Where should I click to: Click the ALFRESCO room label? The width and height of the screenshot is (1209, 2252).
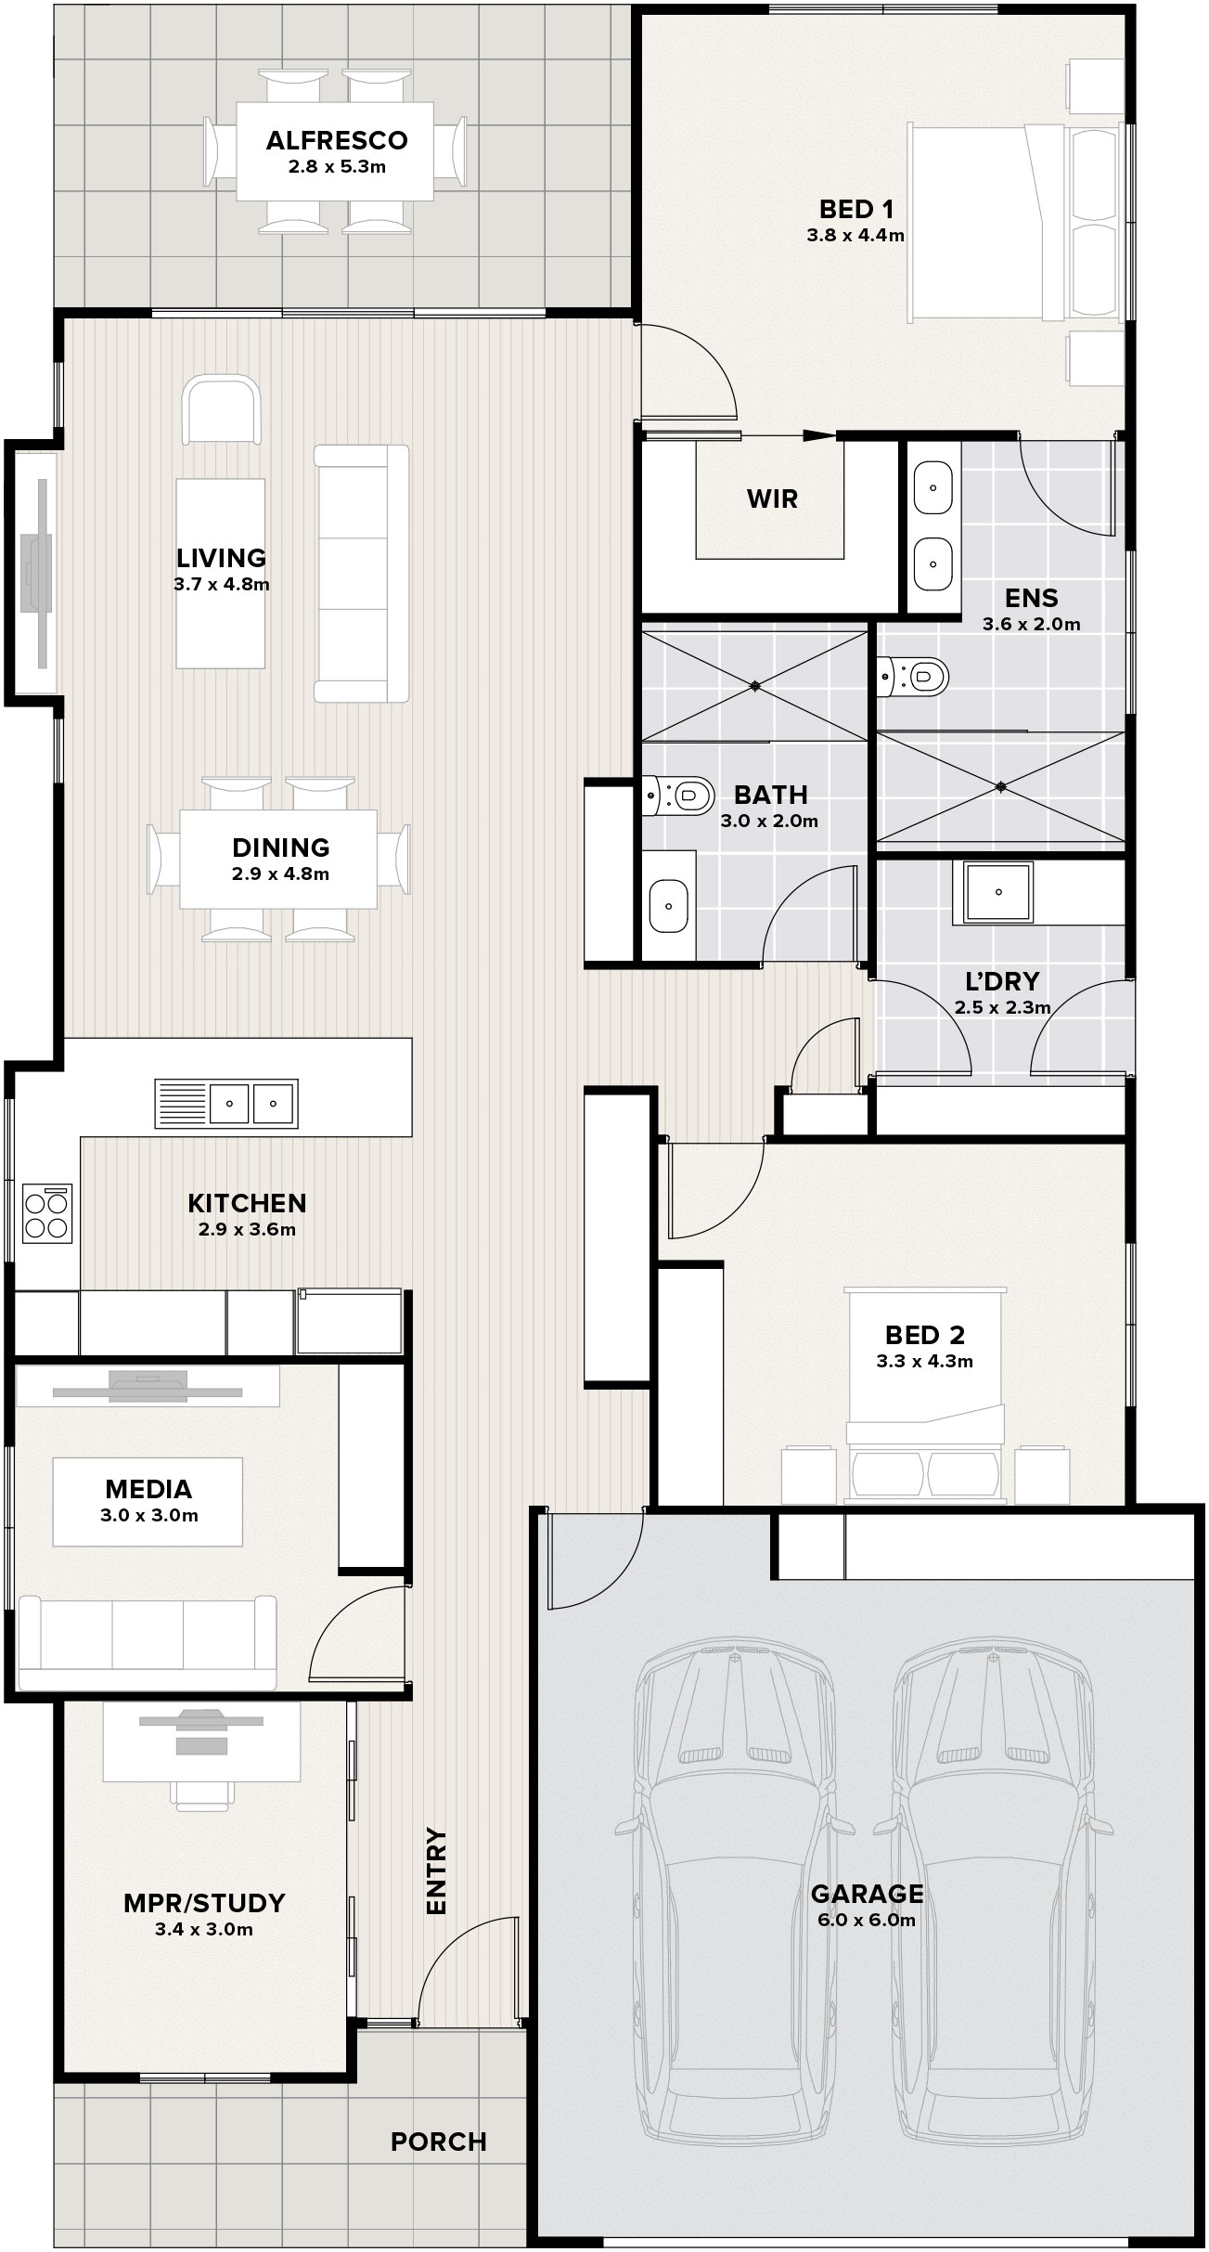337,141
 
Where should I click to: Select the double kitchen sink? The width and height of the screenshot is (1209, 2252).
226,1104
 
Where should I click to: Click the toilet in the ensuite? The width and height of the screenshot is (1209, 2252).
914,677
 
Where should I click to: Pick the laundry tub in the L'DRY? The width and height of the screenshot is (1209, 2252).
998,892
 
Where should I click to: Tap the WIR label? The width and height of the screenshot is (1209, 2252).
773,499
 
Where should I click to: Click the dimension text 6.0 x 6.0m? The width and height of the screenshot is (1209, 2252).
867,1920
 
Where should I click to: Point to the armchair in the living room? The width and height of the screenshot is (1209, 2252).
222,409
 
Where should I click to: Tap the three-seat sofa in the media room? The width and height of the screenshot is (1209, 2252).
148,1643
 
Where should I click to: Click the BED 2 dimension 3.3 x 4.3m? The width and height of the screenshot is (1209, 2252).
925,1362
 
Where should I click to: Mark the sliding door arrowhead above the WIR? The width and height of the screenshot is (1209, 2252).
819,434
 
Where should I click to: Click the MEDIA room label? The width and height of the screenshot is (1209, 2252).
148,1489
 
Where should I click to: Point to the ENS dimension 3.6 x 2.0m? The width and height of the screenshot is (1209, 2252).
1032,625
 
